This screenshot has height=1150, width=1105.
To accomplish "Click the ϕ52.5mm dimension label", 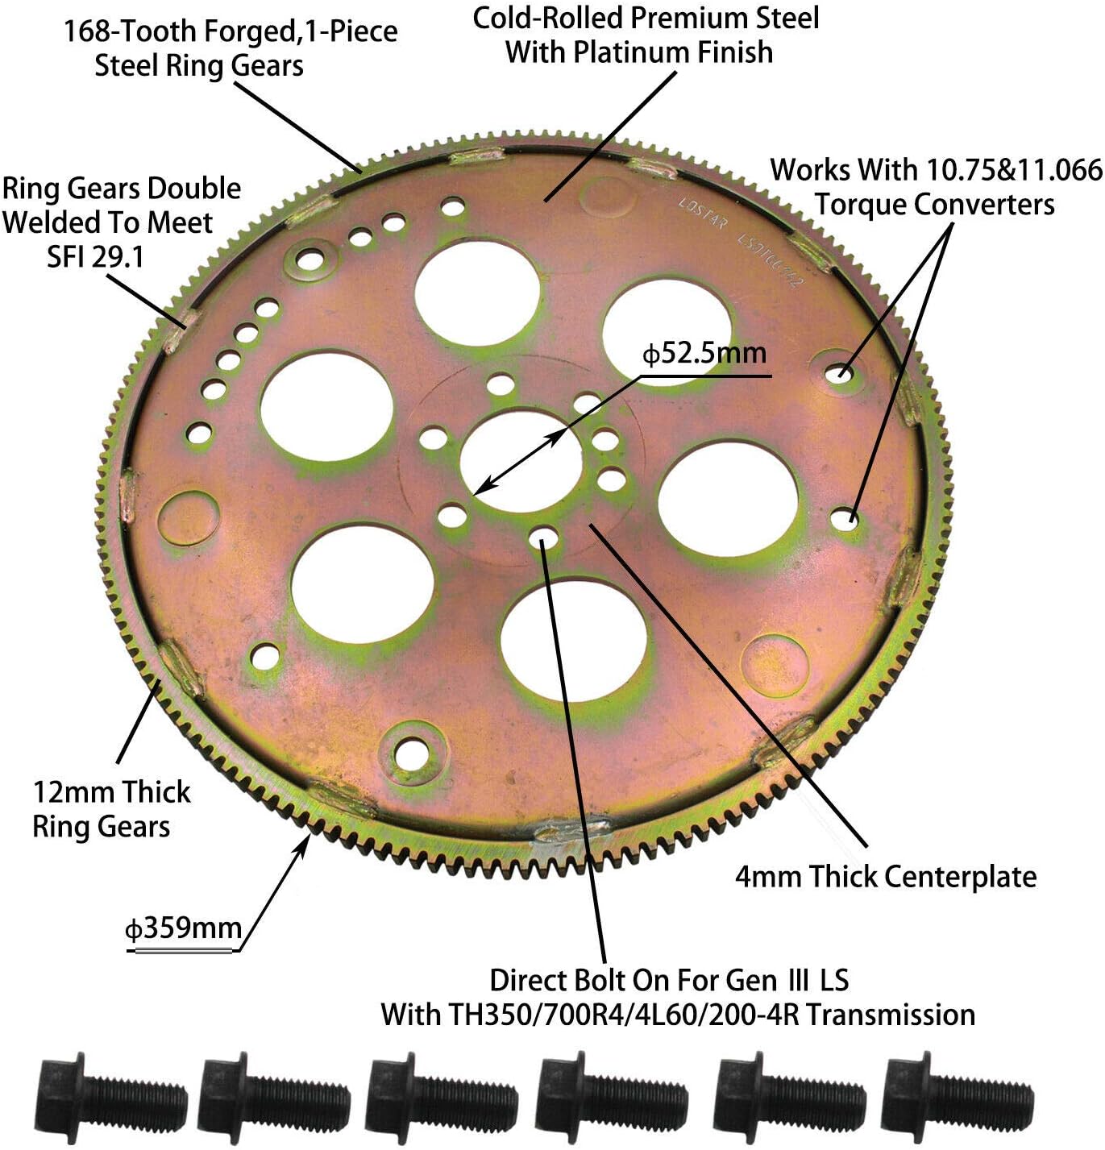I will pyautogui.click(x=704, y=354).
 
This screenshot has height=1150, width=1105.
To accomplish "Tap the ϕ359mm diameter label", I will pyautogui.click(x=184, y=928).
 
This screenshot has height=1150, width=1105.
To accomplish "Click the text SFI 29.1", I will pyautogui.click(x=95, y=257).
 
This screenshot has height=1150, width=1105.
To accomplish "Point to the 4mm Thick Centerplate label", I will pyautogui.click(x=885, y=877).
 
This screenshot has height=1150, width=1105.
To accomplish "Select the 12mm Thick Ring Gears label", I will pyautogui.click(x=110, y=809).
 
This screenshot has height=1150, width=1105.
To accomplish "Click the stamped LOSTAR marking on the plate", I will pyautogui.click(x=702, y=214).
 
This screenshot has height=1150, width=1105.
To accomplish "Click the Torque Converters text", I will pyautogui.click(x=934, y=205).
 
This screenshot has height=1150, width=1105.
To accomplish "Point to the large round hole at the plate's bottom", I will pyautogui.click(x=573, y=641).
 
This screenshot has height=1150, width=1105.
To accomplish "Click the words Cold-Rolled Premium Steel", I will pyautogui.click(x=646, y=18).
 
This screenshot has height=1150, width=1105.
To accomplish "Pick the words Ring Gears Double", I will pyautogui.click(x=122, y=189).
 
